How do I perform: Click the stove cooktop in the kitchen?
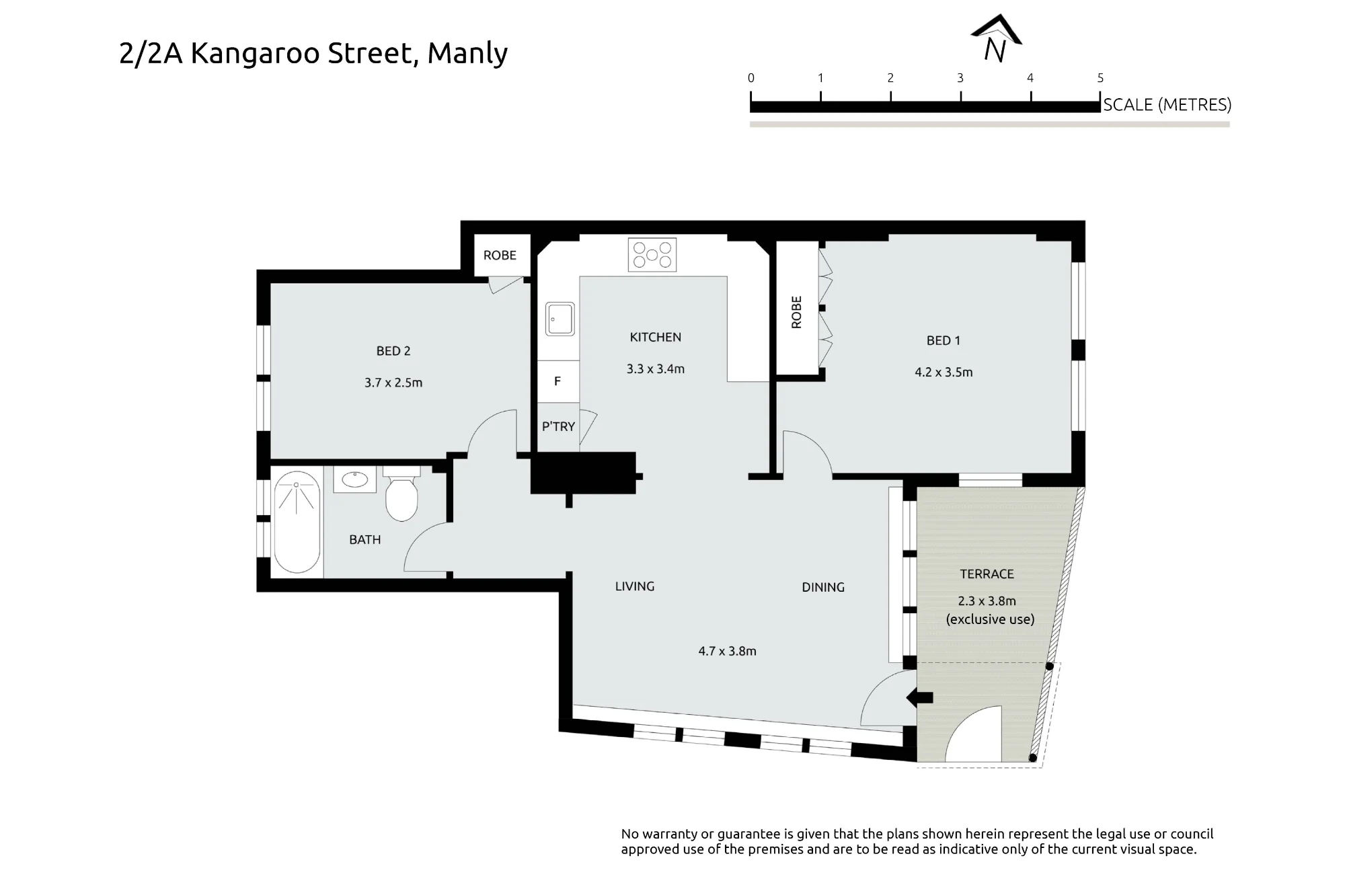(x=652, y=255)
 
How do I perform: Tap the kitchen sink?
(x=560, y=319)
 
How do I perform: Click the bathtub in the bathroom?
(x=297, y=522)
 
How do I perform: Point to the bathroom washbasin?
(x=354, y=479)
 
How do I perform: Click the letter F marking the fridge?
(x=557, y=381)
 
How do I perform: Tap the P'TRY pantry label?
(x=558, y=426)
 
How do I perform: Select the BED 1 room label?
(x=943, y=340)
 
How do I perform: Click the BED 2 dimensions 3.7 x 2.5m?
(x=393, y=383)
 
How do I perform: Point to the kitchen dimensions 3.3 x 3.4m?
(x=655, y=368)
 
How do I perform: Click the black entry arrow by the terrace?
(x=919, y=698)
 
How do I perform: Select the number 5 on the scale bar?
(x=1100, y=78)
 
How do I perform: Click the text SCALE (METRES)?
(x=1167, y=105)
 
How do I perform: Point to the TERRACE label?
(x=987, y=574)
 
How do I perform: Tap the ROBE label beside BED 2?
(x=500, y=255)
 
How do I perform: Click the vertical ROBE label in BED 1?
(x=797, y=312)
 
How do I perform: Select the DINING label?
(x=823, y=587)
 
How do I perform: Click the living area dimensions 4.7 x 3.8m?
(x=727, y=651)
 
